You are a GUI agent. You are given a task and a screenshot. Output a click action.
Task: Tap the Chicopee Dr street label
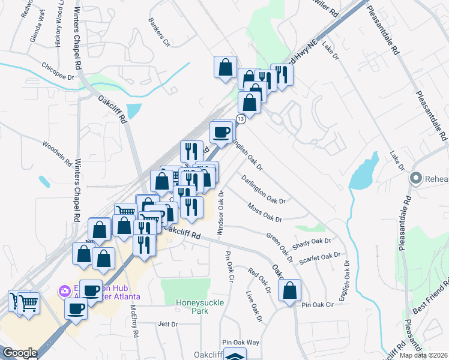click(x=58, y=71)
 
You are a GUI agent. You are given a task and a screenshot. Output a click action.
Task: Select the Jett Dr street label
click(x=167, y=324)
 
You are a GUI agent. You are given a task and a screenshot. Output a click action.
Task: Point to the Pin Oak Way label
click(x=240, y=341)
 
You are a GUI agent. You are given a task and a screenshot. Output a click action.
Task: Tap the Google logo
click(x=19, y=353)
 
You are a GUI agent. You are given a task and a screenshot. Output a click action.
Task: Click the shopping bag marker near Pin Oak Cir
click(x=289, y=291)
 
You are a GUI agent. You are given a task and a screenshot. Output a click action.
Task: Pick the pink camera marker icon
click(x=64, y=291)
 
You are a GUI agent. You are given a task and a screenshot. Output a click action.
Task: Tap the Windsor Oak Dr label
click(x=221, y=213)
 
